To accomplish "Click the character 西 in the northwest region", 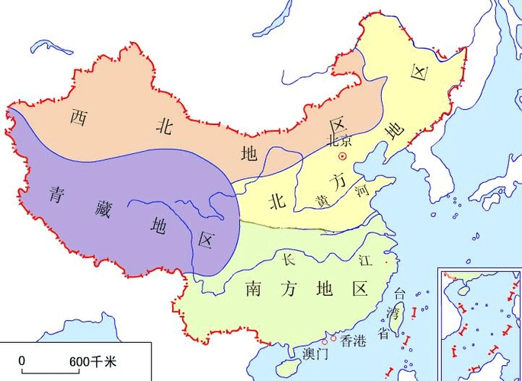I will [x=77, y=117].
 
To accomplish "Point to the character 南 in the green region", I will [x=255, y=289].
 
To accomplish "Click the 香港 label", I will [x=353, y=341].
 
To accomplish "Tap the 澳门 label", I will [x=315, y=354].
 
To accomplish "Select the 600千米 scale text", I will [x=93, y=360].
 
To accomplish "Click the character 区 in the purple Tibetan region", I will [x=205, y=239].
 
